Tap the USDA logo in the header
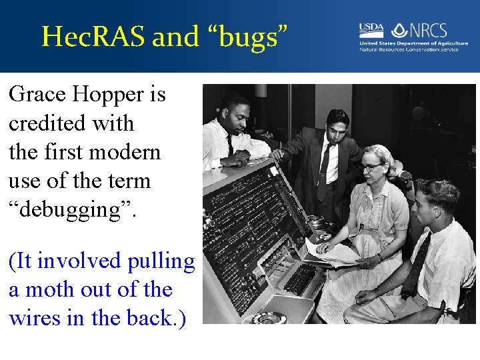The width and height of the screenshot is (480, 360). (x=371, y=30)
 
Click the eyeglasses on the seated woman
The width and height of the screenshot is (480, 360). (x=371, y=167)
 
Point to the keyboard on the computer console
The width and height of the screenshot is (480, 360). (x=300, y=277)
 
